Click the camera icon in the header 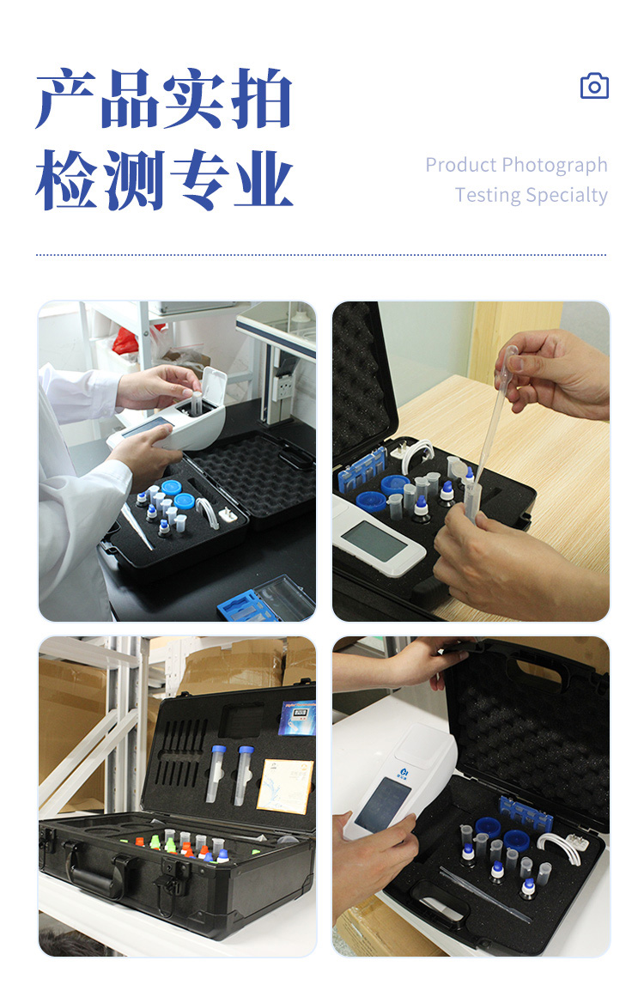594,86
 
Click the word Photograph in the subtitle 555,165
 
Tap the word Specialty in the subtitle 568,195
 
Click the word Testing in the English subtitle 487,195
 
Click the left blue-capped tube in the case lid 215,772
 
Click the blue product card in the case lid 297,718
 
